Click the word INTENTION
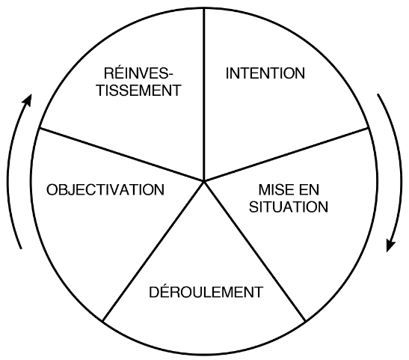click(265, 73)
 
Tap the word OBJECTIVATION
click(105, 190)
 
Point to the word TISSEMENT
click(139, 91)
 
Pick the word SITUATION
click(289, 207)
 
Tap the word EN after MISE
click(310, 190)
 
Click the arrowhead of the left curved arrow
click(28, 100)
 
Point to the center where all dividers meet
click(204, 180)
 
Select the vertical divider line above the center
click(204, 94)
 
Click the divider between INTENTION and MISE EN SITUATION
click(286, 154)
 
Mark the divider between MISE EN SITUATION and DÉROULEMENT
click(255, 251)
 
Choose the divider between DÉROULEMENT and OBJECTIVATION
click(153, 251)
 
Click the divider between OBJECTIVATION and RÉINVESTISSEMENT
click(122, 154)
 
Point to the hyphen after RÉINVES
click(170, 75)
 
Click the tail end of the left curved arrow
click(22, 248)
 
